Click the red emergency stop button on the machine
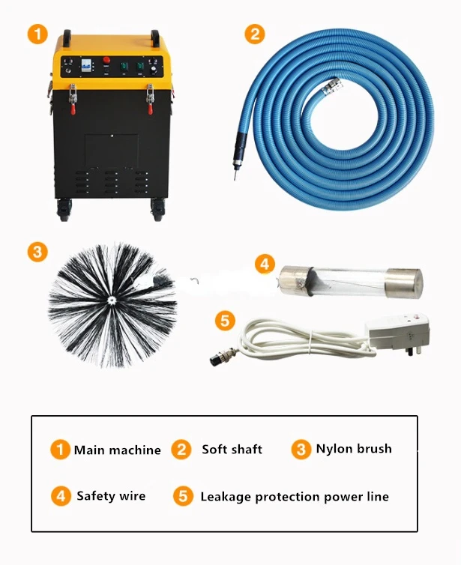106,60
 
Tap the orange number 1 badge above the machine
37,34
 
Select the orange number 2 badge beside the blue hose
255,34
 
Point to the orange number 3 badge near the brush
37,252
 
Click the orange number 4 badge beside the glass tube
265,264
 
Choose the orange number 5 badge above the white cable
225,321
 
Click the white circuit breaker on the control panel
85,65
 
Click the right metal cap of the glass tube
403,282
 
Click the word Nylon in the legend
331,450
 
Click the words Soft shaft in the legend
232,450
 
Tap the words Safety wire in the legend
111,496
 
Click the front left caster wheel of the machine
64,211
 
